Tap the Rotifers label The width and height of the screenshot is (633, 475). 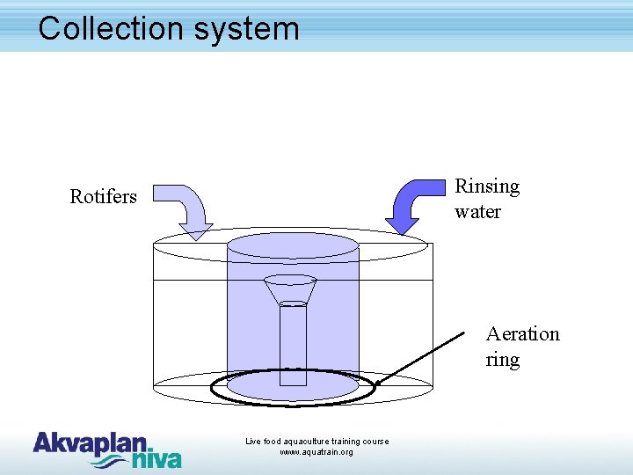pos(103,196)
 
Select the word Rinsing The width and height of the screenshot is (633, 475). pos(487,186)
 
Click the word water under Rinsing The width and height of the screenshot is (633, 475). pos(477,212)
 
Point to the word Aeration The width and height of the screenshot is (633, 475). pos(522,334)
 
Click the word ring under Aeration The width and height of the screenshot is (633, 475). pos(502,360)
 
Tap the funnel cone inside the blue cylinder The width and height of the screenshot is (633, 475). pos(290,289)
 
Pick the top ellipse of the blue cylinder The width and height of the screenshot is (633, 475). pos(293,245)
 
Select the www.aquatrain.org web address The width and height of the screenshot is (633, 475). pos(316,452)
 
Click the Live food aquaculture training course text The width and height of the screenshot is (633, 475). pos(316,442)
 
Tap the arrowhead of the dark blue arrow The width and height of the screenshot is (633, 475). pos(403,226)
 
